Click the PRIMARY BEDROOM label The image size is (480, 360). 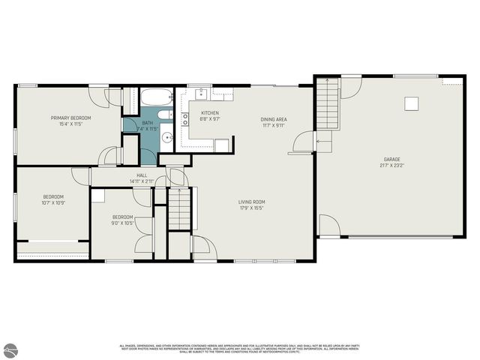[70, 118]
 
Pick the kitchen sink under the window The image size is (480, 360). [200, 94]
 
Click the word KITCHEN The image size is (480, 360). [209, 112]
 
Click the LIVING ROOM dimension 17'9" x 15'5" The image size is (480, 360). [252, 208]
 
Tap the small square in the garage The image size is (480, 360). [412, 103]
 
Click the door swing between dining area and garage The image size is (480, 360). [301, 142]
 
